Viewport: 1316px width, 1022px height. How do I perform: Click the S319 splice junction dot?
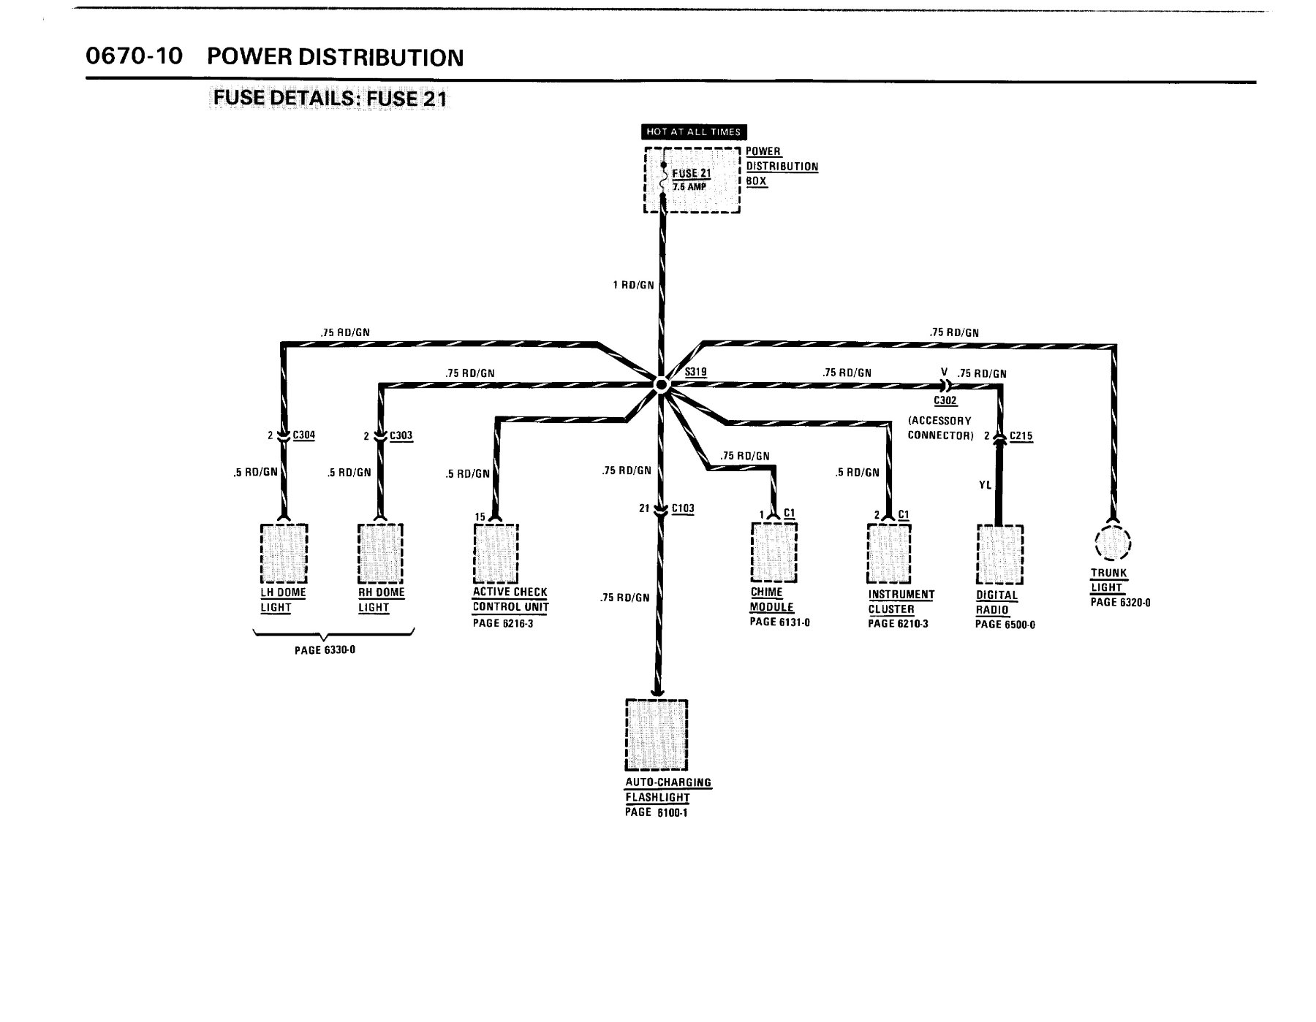click(661, 385)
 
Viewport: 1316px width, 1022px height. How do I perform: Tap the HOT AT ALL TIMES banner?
click(693, 132)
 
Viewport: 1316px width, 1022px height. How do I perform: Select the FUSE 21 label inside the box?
click(691, 173)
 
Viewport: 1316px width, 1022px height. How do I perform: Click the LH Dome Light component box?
click(284, 553)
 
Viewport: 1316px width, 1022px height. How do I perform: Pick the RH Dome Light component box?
click(380, 553)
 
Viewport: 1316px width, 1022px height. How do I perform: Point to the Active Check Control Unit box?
click(496, 553)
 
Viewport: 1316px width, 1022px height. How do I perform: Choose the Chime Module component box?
click(774, 553)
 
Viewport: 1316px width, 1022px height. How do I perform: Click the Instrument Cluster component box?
click(889, 553)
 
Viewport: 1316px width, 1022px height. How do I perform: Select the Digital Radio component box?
click(999, 554)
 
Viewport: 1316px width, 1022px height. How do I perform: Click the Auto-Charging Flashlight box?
click(657, 735)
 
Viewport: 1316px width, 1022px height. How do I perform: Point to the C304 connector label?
click(304, 435)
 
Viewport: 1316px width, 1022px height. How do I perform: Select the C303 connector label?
click(401, 436)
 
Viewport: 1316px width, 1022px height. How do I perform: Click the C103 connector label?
click(683, 508)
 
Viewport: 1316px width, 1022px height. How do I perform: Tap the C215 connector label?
click(1021, 436)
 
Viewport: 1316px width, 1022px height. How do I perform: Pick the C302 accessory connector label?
click(945, 401)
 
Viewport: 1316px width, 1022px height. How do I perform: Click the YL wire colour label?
click(985, 484)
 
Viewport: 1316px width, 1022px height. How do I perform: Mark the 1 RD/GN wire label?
click(633, 285)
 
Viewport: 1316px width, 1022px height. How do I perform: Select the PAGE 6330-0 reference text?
click(325, 649)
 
